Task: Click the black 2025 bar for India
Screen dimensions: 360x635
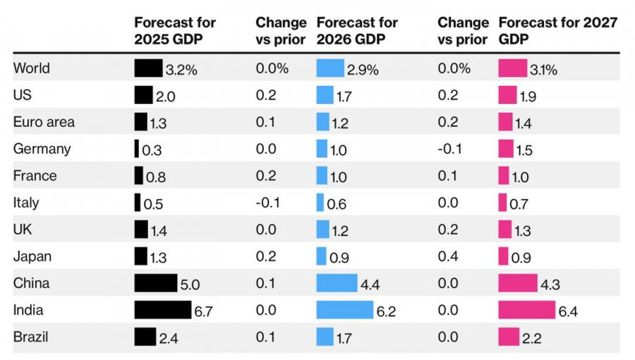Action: coord(162,310)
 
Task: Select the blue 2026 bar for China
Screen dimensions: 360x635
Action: coord(337,283)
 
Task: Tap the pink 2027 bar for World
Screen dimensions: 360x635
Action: coord(512,68)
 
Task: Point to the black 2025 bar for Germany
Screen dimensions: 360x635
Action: coord(137,149)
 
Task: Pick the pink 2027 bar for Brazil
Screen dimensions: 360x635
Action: coord(509,337)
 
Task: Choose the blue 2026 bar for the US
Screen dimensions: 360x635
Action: coord(325,95)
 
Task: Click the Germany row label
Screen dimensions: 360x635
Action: coord(42,149)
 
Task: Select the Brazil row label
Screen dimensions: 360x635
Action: coord(31,337)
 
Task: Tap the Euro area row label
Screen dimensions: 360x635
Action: coord(44,122)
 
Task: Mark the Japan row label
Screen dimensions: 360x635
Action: coord(32,256)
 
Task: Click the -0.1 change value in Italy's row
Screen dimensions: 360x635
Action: coord(267,203)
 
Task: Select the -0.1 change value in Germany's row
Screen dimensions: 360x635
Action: coord(449,149)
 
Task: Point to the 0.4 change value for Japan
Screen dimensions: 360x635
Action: coord(448,256)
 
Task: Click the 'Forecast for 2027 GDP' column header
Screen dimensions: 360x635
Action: coord(557,31)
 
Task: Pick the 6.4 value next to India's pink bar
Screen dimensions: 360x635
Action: coord(568,311)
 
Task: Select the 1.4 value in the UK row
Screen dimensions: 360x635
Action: coord(159,231)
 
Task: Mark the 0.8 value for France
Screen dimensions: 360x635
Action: coord(155,177)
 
